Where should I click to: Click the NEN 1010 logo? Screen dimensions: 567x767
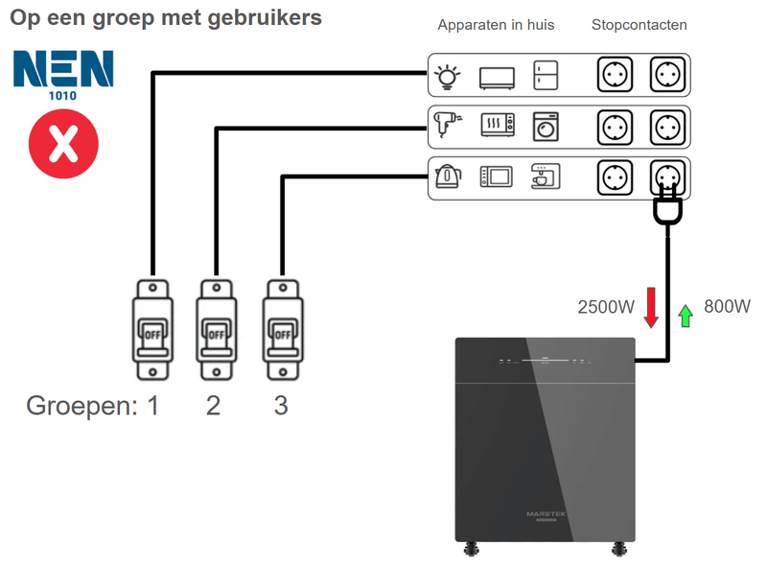point(63,76)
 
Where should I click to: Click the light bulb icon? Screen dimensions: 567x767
point(447,76)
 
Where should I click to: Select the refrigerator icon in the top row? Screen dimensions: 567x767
point(546,76)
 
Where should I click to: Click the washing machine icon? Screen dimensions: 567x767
point(546,126)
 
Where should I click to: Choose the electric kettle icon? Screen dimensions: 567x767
point(447,176)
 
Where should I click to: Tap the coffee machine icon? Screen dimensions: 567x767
point(546,176)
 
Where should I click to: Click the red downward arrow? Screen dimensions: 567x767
point(651,307)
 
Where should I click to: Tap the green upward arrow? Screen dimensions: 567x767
point(686,315)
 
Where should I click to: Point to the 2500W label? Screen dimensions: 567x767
point(606,308)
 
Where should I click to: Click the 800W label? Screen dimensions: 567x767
point(727,307)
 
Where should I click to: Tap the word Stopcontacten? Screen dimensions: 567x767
point(639,25)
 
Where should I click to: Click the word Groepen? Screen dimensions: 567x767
point(81,406)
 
